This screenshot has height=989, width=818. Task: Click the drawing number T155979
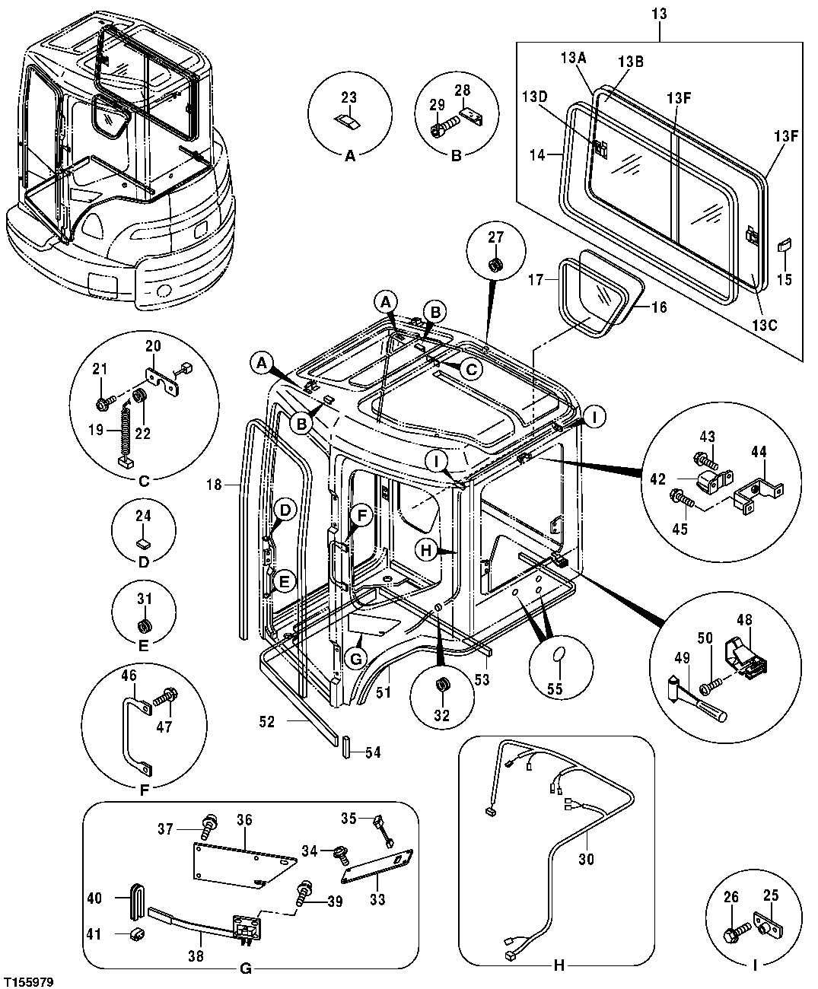tap(28, 982)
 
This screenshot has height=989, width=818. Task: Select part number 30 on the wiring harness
tap(586, 859)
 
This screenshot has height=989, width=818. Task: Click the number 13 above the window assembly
tap(659, 13)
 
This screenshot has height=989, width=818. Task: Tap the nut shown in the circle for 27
tap(495, 265)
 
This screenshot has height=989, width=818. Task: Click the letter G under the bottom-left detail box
tap(245, 968)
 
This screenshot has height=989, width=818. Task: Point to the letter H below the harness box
tap(559, 966)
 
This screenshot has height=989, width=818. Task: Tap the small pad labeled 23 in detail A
tap(348, 122)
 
